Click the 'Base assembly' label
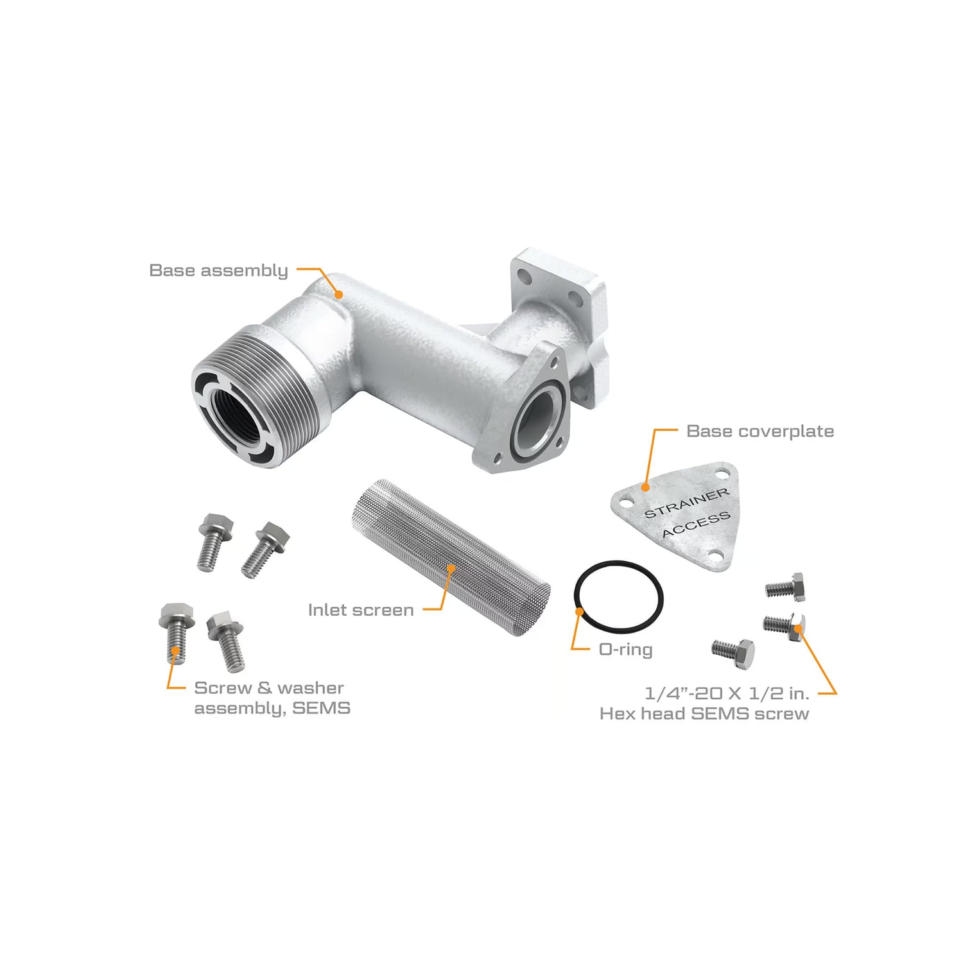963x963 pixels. point(218,270)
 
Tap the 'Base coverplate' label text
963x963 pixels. point(760,431)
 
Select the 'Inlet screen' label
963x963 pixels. point(361,610)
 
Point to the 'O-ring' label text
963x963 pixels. point(625,650)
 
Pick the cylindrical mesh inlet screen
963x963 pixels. point(451,557)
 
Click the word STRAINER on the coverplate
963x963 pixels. point(687,503)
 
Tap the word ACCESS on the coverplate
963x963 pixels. point(696,525)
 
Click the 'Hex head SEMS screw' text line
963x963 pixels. point(704,713)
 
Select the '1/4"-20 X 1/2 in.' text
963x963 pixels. point(727,693)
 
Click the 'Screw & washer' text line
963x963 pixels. point(269,688)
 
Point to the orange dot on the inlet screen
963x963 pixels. point(451,568)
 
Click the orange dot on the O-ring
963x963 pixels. point(580,612)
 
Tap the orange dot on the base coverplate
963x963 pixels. point(645,488)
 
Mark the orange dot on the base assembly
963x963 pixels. point(338,294)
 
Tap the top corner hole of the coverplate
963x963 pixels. point(724,475)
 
